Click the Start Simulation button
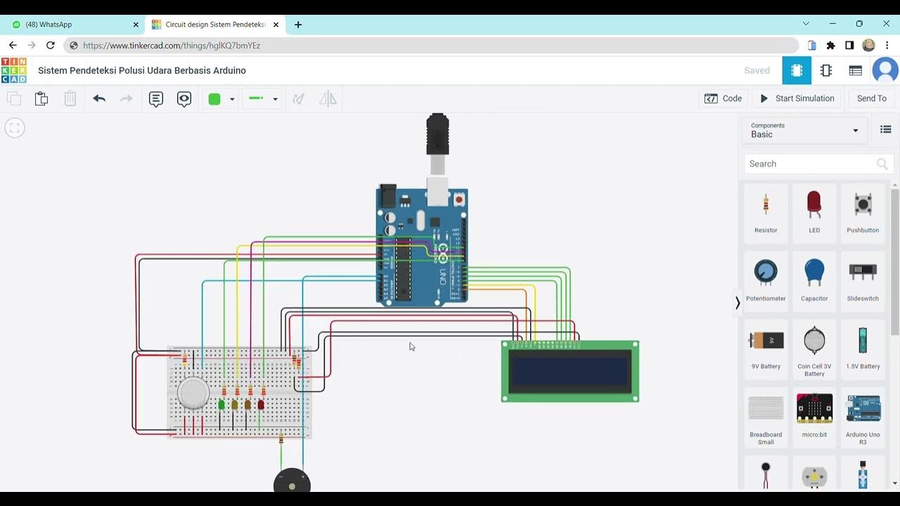click(797, 98)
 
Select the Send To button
click(871, 98)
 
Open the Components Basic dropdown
click(804, 130)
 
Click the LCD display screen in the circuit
click(570, 372)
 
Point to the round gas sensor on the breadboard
click(193, 393)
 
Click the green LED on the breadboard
click(221, 405)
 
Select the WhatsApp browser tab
click(70, 25)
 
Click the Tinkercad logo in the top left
click(14, 70)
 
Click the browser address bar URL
click(172, 45)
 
